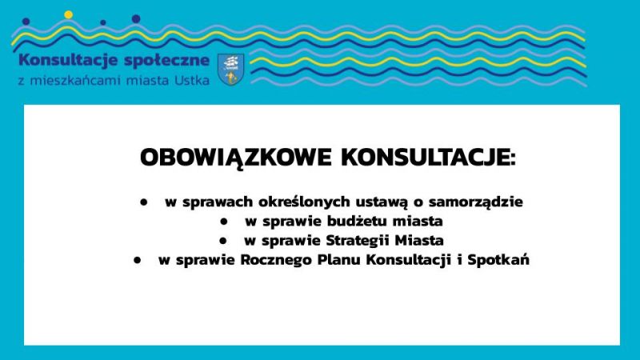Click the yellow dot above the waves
click(x=68, y=14)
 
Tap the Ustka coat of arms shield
click(x=231, y=70)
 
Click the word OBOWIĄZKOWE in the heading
click(x=235, y=158)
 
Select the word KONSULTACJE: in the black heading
click(x=429, y=158)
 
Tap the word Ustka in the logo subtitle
click(x=192, y=81)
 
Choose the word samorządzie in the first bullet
click(x=475, y=202)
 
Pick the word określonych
click(x=305, y=202)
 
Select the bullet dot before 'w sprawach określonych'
click(x=143, y=202)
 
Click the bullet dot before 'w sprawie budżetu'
click(x=223, y=222)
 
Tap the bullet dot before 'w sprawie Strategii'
click(x=222, y=241)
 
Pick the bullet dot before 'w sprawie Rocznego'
click(x=137, y=260)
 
